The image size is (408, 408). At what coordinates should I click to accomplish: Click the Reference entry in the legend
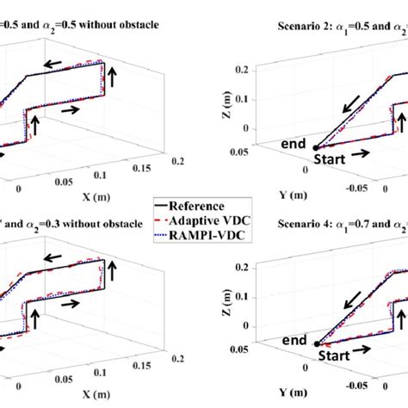(x=207, y=206)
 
